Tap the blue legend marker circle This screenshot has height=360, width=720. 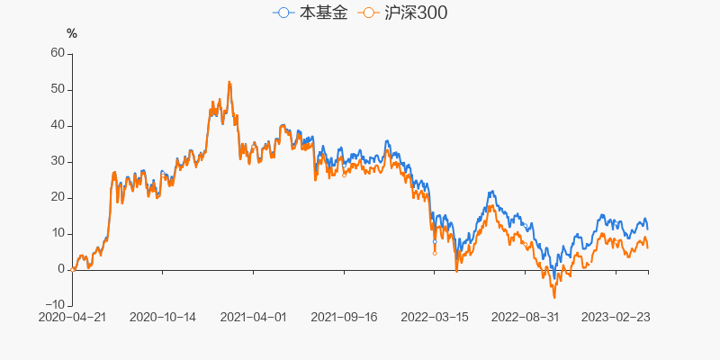coord(283,13)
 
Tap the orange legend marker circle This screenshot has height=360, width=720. coord(367,13)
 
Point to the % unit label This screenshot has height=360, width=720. coord(72,34)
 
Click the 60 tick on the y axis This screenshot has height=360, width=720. coord(58,53)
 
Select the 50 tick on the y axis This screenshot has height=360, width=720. coord(58,89)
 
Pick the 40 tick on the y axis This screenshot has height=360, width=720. coord(58,125)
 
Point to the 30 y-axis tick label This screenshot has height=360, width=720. coord(58,161)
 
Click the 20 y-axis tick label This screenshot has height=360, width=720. coord(58,197)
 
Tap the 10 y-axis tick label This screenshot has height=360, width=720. coord(58,233)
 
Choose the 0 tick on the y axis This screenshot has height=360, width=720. coord(61,269)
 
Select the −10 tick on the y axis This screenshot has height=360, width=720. coord(55,305)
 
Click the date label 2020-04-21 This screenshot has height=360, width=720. coord(72,317)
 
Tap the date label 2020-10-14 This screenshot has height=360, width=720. coord(163,317)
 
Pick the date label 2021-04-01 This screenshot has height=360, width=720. coord(253,317)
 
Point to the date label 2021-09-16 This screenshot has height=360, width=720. coord(343,317)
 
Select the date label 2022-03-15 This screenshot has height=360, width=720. coord(434,317)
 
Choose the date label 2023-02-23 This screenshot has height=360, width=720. coord(615,317)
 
